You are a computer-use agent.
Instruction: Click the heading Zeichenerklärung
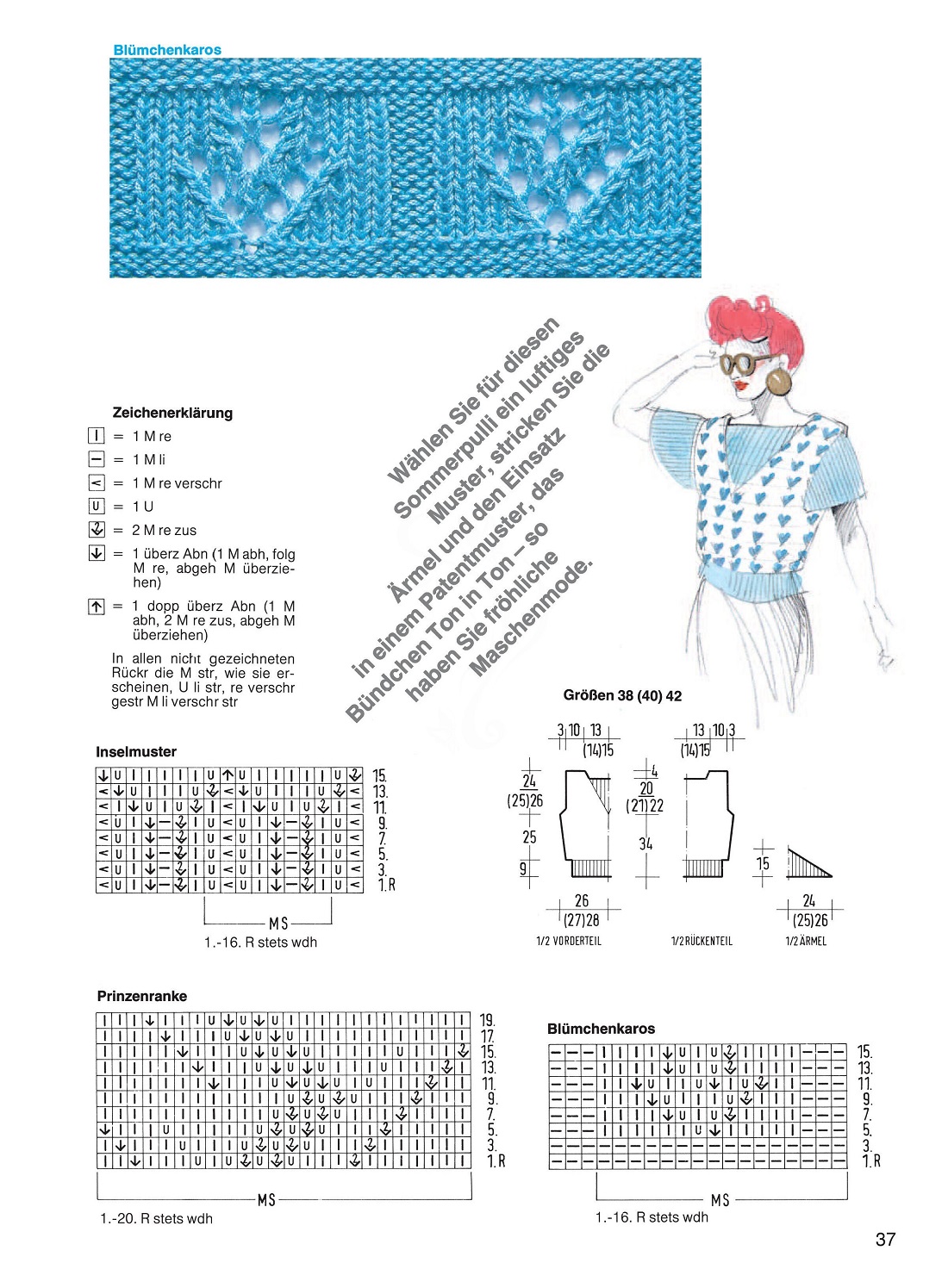pyautogui.click(x=172, y=413)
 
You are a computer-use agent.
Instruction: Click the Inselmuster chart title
pyautogui.click(x=136, y=751)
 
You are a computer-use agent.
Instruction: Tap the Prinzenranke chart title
pyautogui.click(x=142, y=996)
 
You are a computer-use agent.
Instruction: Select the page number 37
pyautogui.click(x=885, y=1239)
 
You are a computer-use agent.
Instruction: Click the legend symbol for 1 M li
pyautogui.click(x=97, y=460)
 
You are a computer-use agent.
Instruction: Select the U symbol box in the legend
pyautogui.click(x=97, y=507)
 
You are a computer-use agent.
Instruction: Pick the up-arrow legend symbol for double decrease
pyautogui.click(x=97, y=607)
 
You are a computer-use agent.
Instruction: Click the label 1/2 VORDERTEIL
pyautogui.click(x=569, y=941)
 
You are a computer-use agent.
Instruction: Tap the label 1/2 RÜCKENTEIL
pyautogui.click(x=702, y=941)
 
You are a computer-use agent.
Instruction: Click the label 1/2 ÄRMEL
pyautogui.click(x=806, y=941)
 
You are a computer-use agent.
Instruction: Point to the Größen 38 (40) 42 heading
pyautogui.click(x=622, y=695)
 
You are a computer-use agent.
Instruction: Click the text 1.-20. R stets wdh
pyautogui.click(x=156, y=1218)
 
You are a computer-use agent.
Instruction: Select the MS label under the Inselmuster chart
pyautogui.click(x=278, y=923)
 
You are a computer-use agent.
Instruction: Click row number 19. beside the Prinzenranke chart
pyautogui.click(x=488, y=1021)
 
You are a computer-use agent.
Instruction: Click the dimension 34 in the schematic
pyautogui.click(x=646, y=843)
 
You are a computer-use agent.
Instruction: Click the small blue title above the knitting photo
pyautogui.click(x=167, y=50)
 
